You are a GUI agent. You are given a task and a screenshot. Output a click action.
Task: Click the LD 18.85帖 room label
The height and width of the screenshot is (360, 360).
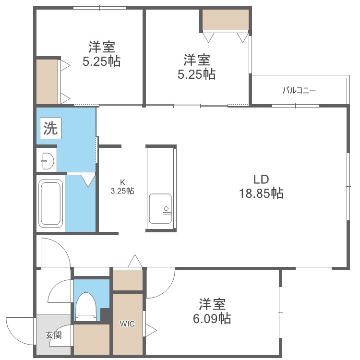(261, 186)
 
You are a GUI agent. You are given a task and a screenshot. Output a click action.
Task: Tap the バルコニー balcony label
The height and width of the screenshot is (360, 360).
(299, 90)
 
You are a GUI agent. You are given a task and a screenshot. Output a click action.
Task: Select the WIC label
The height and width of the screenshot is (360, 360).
(127, 324)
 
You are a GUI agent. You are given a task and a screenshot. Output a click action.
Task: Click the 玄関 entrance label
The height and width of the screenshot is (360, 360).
(53, 335)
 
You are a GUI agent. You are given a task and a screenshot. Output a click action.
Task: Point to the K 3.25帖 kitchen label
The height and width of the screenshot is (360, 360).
(122, 187)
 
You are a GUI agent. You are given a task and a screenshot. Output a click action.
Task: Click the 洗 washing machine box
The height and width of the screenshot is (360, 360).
(50, 128)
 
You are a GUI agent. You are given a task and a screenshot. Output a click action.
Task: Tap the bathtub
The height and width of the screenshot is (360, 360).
(51, 204)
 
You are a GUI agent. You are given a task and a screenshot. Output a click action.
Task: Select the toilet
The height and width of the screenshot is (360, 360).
(86, 307)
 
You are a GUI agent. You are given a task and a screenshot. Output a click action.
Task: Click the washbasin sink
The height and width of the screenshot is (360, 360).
(48, 160)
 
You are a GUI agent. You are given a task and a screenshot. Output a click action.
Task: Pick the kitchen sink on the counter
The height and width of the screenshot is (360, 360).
(160, 208)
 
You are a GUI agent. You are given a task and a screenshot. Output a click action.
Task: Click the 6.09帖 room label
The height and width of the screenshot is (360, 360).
(212, 311)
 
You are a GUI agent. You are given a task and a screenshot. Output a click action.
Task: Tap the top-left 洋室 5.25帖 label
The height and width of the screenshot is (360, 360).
(101, 54)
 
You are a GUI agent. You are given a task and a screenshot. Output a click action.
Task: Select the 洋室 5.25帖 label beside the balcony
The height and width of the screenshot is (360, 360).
(196, 67)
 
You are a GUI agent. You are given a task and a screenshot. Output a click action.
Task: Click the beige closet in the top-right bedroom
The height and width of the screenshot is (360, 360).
(226, 20)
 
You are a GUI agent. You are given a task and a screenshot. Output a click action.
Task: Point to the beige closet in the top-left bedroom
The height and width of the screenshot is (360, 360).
(47, 82)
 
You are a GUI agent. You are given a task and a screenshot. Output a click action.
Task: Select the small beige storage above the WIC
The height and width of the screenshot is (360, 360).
(127, 280)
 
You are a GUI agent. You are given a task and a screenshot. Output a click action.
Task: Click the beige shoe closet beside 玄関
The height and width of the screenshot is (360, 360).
(91, 339)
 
